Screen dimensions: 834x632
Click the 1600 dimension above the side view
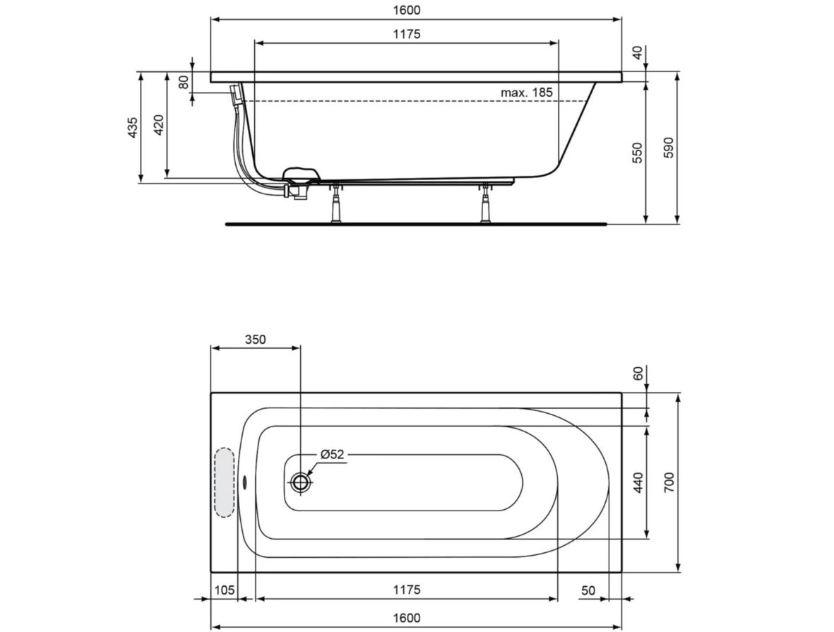[407, 10]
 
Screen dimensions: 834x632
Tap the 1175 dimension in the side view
[407, 34]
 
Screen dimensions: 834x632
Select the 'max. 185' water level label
[527, 93]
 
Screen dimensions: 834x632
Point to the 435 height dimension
[133, 127]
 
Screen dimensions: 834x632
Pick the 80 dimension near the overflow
[184, 83]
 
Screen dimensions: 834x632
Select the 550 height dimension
[638, 153]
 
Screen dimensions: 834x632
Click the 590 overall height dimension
[669, 148]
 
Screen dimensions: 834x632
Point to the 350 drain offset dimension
[256, 340]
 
